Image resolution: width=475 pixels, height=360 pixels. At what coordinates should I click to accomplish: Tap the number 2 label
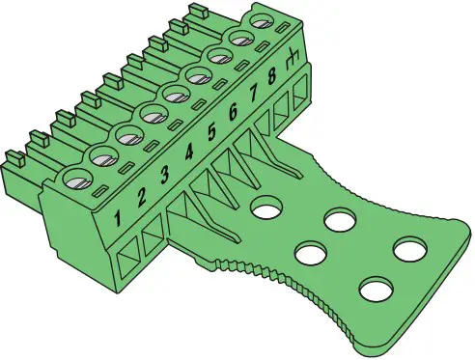(x=141, y=198)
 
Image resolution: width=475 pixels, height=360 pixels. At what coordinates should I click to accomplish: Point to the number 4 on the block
(x=189, y=152)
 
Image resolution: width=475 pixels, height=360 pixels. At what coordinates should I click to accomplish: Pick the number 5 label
(x=211, y=132)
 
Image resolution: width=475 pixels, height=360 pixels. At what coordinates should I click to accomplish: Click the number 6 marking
(x=233, y=112)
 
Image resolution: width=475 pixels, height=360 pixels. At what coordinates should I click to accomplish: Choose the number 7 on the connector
(x=254, y=94)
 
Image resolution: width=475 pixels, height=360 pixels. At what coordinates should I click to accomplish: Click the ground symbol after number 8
(x=291, y=59)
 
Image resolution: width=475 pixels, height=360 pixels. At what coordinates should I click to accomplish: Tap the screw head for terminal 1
(x=73, y=179)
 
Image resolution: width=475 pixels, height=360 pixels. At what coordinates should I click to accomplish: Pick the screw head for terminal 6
(x=198, y=74)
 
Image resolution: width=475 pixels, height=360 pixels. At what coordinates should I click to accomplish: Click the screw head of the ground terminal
(x=261, y=19)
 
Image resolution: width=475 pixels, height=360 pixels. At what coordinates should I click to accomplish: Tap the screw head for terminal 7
(x=218, y=57)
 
